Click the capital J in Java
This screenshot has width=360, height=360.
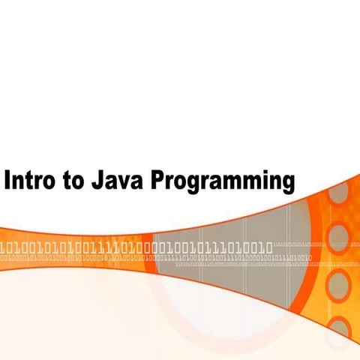[97, 181]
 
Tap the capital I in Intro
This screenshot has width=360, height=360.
[8, 181]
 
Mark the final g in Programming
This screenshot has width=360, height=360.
[286, 185]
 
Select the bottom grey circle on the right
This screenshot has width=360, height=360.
[341, 328]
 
